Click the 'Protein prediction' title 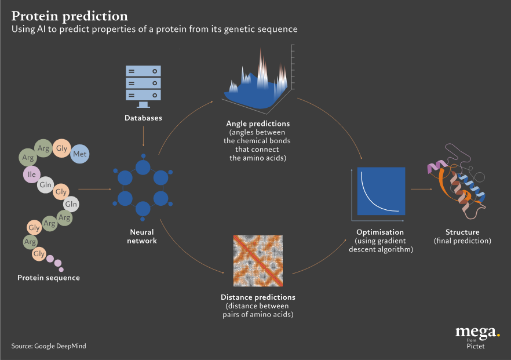pyautogui.click(x=70, y=15)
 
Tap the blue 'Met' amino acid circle pyautogui.click(x=80, y=154)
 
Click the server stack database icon pyautogui.click(x=143, y=85)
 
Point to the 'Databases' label pyautogui.click(x=143, y=118)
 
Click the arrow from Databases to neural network pyautogui.click(x=143, y=137)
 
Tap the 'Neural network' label pyautogui.click(x=143, y=237)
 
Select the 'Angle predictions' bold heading pyautogui.click(x=258, y=124)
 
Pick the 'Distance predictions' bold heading pyautogui.click(x=258, y=297)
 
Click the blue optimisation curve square pyautogui.click(x=381, y=192)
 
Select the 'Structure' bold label pyautogui.click(x=462, y=232)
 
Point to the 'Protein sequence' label pyautogui.click(x=49, y=278)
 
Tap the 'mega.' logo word pyautogui.click(x=477, y=332)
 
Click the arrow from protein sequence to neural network pyautogui.click(x=94, y=189)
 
